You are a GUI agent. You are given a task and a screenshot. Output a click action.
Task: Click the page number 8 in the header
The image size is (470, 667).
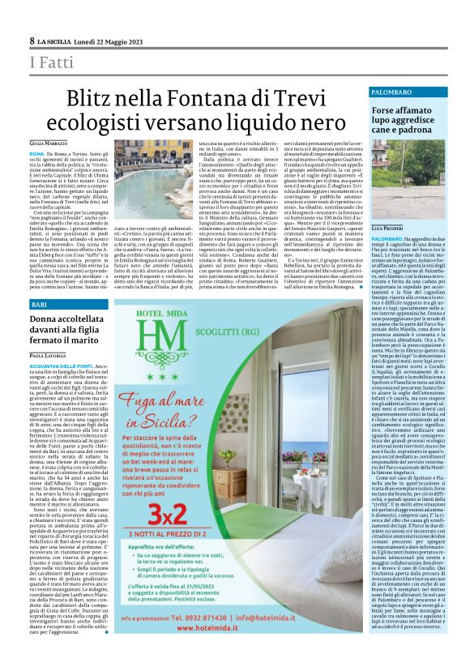[x=32, y=41]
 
